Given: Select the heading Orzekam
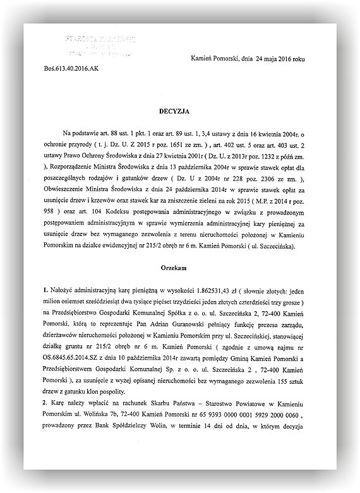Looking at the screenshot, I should pyautogui.click(x=179, y=266).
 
